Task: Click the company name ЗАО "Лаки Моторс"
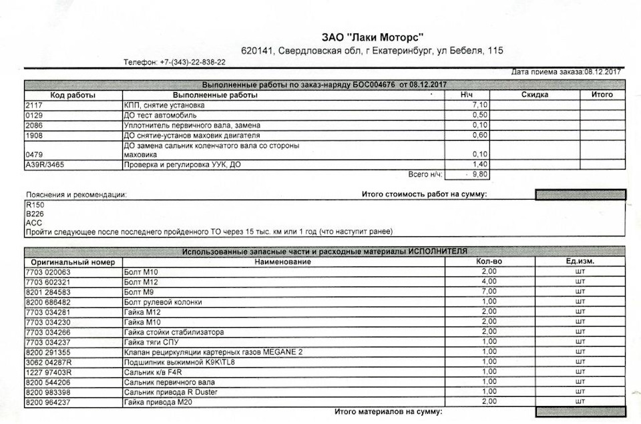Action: click(373, 37)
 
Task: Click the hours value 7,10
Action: click(479, 105)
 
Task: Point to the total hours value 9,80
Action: click(479, 175)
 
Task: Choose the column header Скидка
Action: click(535, 95)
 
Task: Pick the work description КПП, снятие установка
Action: click(164, 105)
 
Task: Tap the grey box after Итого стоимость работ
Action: click(580, 194)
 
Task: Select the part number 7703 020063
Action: click(47, 272)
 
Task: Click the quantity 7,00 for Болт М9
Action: click(489, 292)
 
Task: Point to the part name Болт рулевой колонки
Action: click(163, 302)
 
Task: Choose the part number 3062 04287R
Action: click(49, 362)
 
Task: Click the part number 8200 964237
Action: click(47, 402)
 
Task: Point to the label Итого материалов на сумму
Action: click(388, 413)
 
